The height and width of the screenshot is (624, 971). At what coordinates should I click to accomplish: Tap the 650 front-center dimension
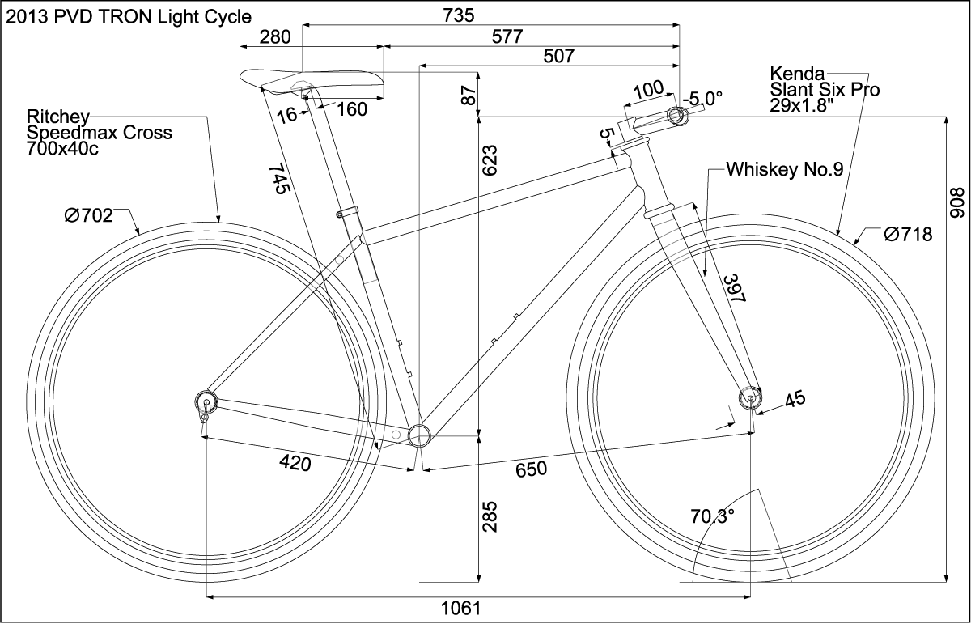click(530, 469)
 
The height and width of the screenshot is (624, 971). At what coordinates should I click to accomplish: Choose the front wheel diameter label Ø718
click(908, 235)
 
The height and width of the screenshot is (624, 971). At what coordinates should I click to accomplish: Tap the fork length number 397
click(732, 288)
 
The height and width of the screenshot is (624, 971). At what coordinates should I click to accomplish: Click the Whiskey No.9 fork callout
click(785, 170)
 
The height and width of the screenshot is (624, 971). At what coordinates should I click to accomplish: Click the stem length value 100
click(647, 89)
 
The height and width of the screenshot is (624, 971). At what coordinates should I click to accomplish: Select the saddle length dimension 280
click(274, 36)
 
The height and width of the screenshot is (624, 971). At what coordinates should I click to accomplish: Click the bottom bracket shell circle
click(419, 435)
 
